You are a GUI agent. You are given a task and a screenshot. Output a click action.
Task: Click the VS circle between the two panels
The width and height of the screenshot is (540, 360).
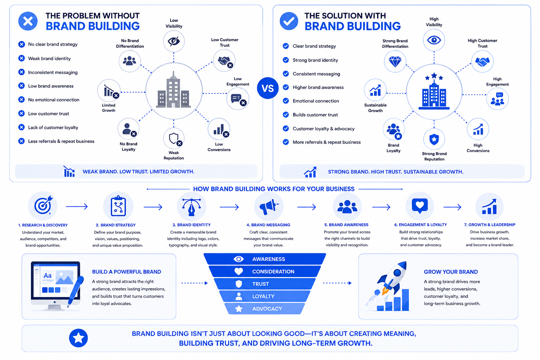pos(268,88)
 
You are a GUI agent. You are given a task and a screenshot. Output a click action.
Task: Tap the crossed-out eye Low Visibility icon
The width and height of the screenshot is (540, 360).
pos(174,41)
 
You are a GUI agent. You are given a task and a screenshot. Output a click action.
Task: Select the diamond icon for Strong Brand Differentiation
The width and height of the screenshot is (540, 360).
pos(395,62)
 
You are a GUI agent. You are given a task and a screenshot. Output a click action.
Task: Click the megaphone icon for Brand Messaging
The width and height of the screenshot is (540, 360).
pos(268,207)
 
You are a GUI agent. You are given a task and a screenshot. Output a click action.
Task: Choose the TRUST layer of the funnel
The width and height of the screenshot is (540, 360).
pos(265,284)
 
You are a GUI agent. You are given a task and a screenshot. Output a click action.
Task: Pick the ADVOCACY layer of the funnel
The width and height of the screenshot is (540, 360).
pos(265,309)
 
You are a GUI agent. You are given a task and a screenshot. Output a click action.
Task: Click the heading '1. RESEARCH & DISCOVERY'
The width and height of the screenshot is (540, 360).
pos(43,225)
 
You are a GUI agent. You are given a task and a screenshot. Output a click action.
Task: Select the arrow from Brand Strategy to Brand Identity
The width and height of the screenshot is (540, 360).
pos(153,207)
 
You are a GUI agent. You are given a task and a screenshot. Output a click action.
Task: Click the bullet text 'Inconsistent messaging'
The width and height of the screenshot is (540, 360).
pos(53,72)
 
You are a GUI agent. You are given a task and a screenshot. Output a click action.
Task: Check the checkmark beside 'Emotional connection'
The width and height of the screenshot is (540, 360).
pos(286,101)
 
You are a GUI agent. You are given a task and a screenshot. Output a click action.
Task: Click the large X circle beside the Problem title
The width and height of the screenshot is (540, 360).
pos(28,21)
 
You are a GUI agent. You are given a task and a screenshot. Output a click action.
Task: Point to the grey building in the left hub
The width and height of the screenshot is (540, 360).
pos(174,90)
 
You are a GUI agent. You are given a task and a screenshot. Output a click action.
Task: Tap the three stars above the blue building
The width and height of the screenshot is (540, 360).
pos(434,77)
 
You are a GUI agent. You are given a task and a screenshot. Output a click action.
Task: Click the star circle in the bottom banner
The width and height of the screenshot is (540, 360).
pos(78,338)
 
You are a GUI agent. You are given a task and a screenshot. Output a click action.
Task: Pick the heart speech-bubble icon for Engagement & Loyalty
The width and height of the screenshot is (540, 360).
pos(420,206)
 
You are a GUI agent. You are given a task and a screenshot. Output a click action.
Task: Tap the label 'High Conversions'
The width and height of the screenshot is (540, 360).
pos(478,148)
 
